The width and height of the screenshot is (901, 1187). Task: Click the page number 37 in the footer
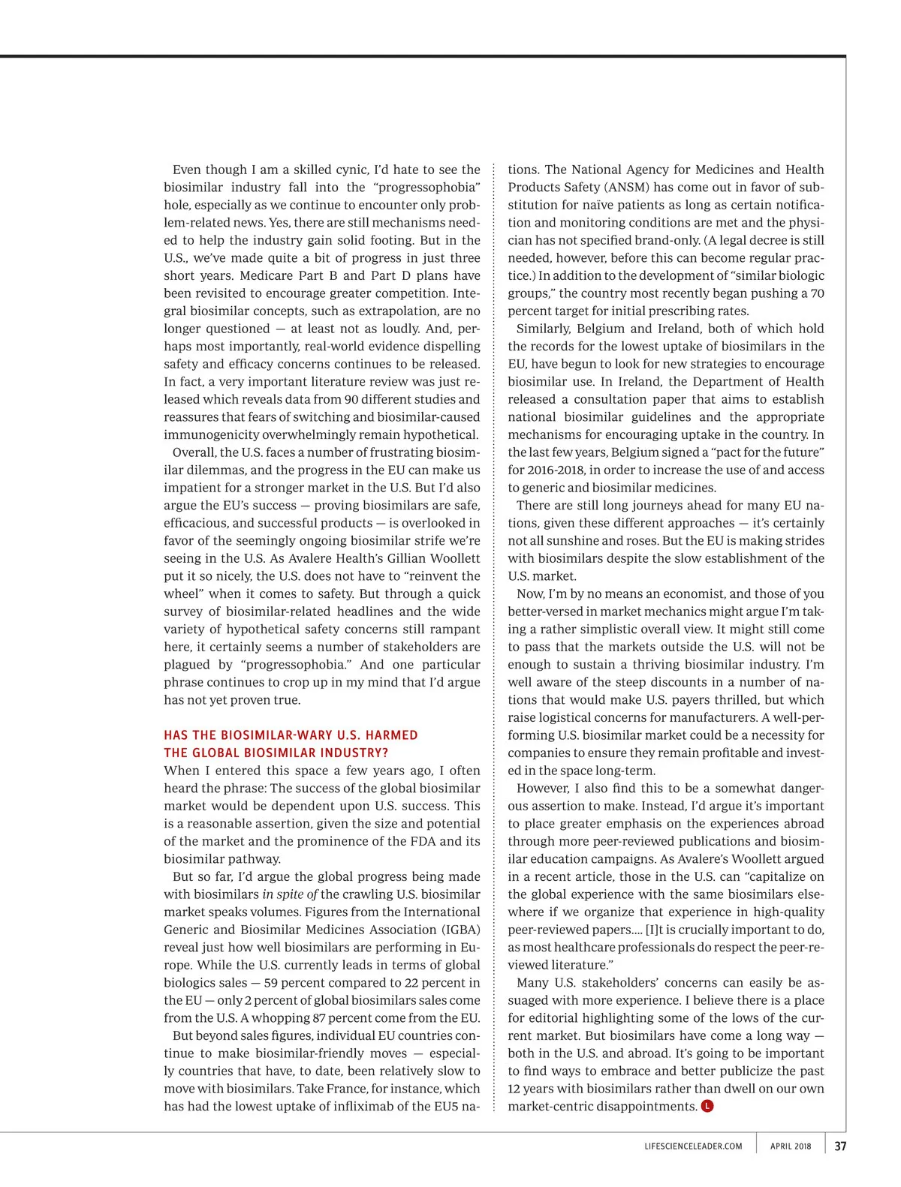click(x=840, y=1146)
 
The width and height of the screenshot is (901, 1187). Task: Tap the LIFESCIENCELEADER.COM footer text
click(x=693, y=1146)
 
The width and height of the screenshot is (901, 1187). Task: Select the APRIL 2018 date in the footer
click(x=791, y=1146)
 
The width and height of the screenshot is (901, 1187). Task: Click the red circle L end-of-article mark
click(x=707, y=1106)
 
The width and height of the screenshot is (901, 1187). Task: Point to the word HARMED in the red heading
click(x=393, y=735)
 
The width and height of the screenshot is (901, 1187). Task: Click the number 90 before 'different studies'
click(x=352, y=399)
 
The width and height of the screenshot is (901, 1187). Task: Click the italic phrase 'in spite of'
click(x=290, y=894)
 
